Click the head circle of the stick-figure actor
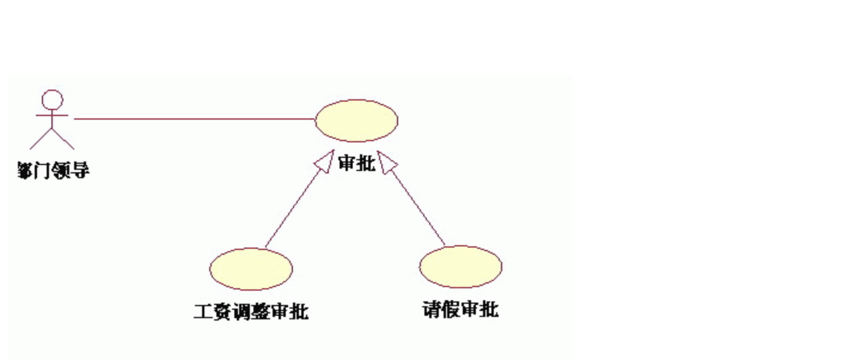click(x=53, y=99)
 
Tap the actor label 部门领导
click(x=53, y=170)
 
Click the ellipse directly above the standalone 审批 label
click(x=356, y=120)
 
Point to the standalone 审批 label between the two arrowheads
click(x=357, y=163)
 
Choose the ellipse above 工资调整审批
click(x=251, y=269)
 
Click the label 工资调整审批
click(x=251, y=312)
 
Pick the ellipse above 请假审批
click(x=460, y=267)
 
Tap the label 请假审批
click(x=460, y=310)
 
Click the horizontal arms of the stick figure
click(x=53, y=114)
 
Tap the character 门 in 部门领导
click(x=44, y=170)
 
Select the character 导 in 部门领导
click(x=81, y=170)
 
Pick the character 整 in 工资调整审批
click(x=261, y=312)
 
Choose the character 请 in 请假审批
click(x=432, y=310)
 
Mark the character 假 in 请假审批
click(x=451, y=310)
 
